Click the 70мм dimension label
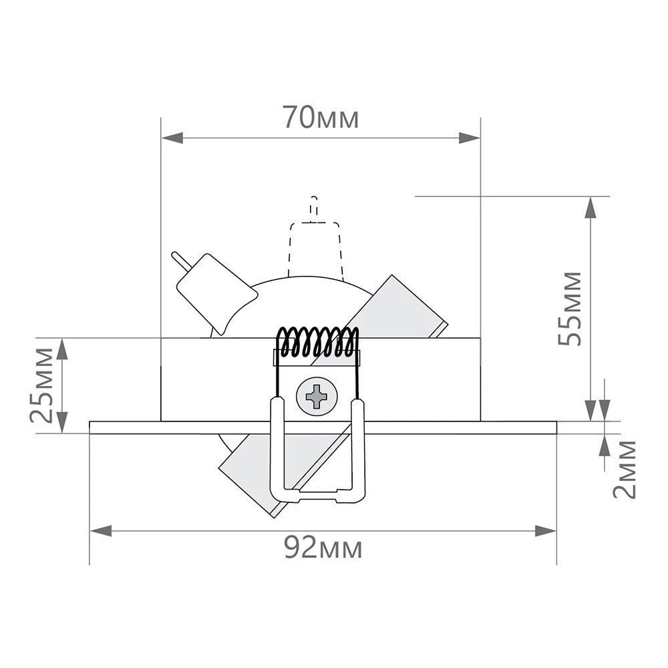[x=321, y=118]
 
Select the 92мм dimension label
[x=323, y=549]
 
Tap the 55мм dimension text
[x=570, y=308]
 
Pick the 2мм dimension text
[x=625, y=469]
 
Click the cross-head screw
[x=316, y=397]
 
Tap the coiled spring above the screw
[x=318, y=341]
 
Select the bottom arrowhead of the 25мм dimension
[x=62, y=422]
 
